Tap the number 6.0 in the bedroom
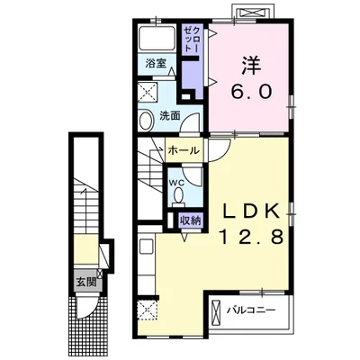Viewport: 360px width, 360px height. pyautogui.click(x=251, y=91)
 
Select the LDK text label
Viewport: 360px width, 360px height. pyautogui.click(x=251, y=212)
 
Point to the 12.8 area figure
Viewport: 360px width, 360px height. pyautogui.click(x=252, y=237)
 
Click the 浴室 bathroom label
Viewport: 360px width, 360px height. pyautogui.click(x=156, y=64)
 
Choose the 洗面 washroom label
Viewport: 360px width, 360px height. pyautogui.click(x=170, y=116)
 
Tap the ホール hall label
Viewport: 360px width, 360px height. pyautogui.click(x=184, y=150)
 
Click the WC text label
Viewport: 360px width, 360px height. pyautogui.click(x=175, y=182)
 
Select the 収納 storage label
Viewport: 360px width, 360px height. pyautogui.click(x=190, y=220)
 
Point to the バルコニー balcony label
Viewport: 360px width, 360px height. pyautogui.click(x=251, y=310)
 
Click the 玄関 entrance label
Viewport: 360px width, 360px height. pyautogui.click(x=85, y=282)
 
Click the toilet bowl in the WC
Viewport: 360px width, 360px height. pyautogui.click(x=179, y=196)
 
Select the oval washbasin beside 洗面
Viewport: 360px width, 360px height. pyautogui.click(x=146, y=121)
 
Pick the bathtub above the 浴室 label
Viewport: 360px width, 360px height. pyautogui.click(x=157, y=39)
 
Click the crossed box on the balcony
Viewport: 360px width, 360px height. pyautogui.click(x=216, y=314)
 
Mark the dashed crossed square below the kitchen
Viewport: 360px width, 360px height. pyautogui.click(x=148, y=310)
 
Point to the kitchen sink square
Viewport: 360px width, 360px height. pyautogui.click(x=147, y=247)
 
